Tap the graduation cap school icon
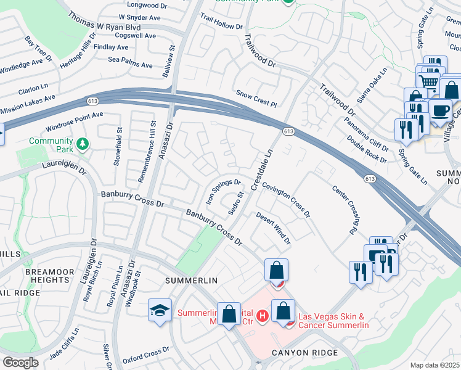pyautogui.click(x=160, y=311)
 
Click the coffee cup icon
pyautogui.click(x=439, y=111)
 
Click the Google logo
pyautogui.click(x=20, y=362)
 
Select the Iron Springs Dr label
pyautogui.click(x=222, y=191)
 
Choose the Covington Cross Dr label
pyautogui.click(x=285, y=200)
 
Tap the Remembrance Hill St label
pyautogui.click(x=141, y=154)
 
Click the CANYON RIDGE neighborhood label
pyautogui.click(x=305, y=352)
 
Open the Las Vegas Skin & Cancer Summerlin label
pyautogui.click(x=333, y=321)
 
